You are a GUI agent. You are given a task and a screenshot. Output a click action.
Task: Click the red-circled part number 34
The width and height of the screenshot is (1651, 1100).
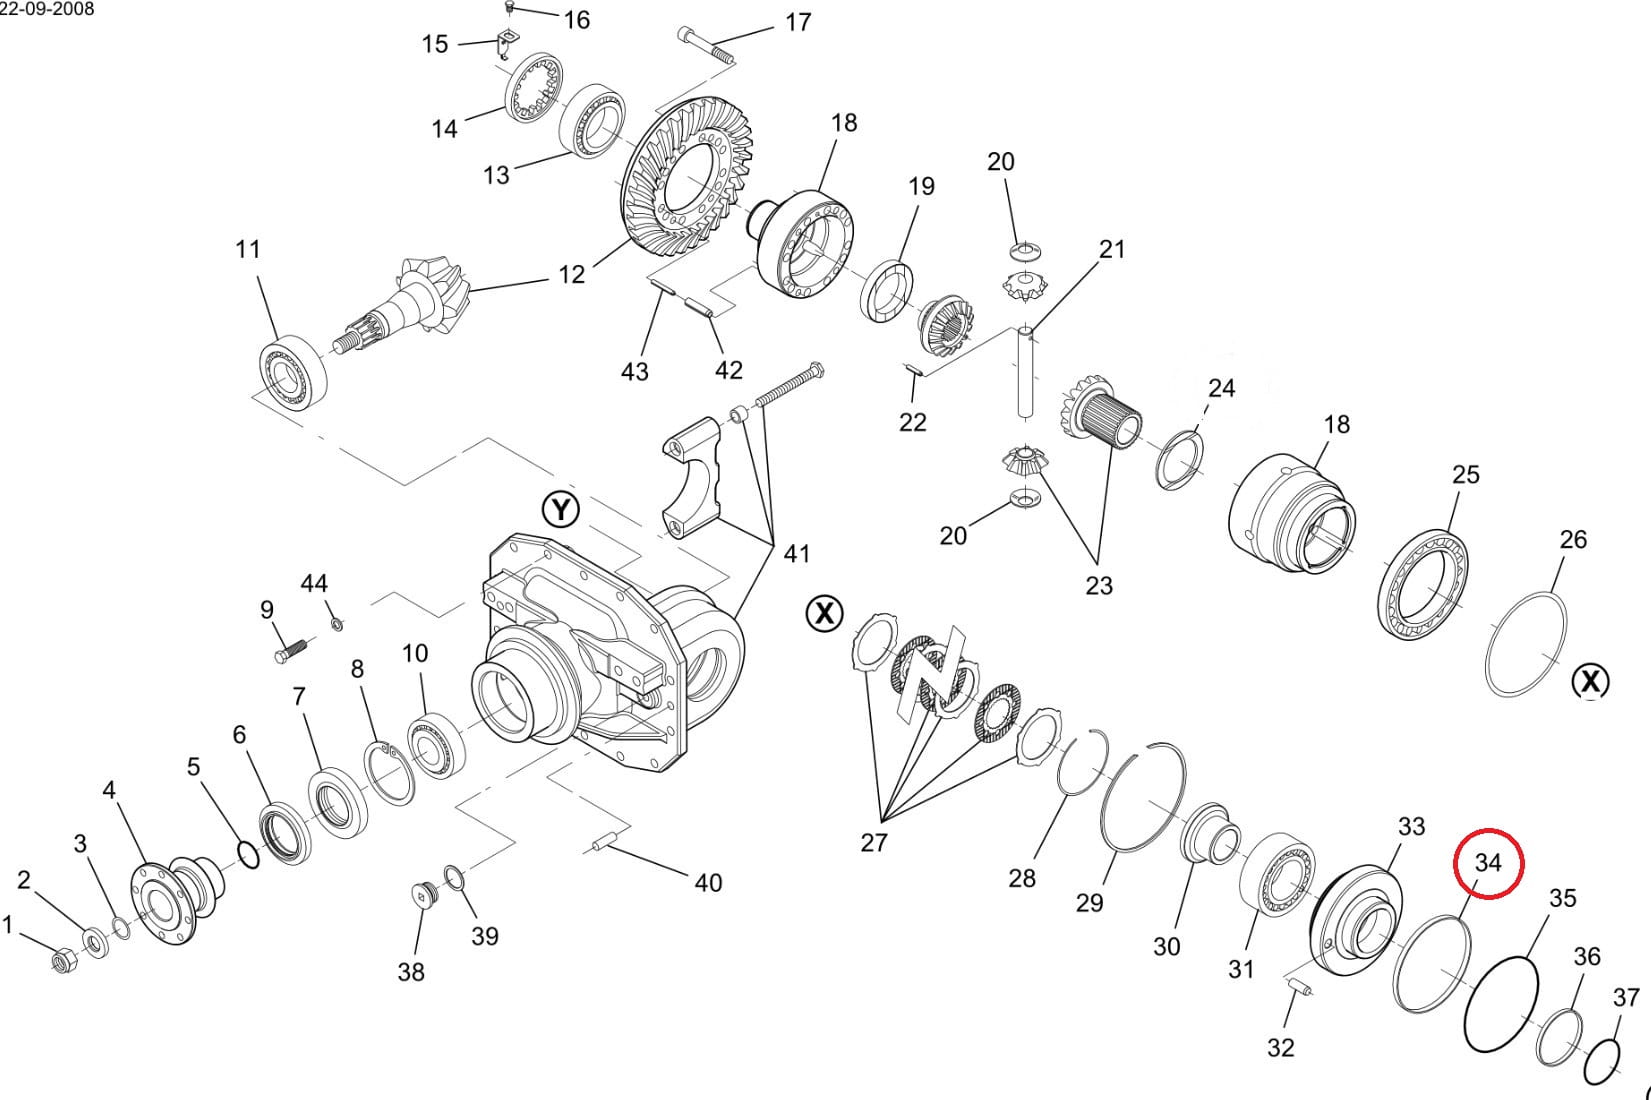tap(1488, 862)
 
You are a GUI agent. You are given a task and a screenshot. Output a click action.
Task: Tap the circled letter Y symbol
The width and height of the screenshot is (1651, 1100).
tap(561, 510)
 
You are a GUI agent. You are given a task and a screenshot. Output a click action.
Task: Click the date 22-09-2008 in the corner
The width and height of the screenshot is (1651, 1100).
tap(48, 9)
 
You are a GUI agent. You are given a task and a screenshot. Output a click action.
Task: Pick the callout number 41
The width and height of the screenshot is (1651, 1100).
tap(796, 553)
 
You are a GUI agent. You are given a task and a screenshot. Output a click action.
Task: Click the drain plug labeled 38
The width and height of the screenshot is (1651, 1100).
tap(423, 893)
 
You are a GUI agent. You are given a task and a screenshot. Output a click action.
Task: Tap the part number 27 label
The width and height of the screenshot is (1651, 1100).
tap(873, 843)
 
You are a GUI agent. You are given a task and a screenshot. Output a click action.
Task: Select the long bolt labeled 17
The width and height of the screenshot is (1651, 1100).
tap(708, 47)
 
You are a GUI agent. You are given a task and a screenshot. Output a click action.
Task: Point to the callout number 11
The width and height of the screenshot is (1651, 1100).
tap(247, 249)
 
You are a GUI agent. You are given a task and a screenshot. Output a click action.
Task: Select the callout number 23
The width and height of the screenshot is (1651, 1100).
tap(1098, 585)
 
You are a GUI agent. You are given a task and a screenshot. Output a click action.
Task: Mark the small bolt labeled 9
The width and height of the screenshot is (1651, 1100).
tap(288, 648)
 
